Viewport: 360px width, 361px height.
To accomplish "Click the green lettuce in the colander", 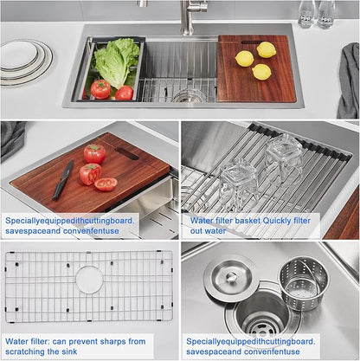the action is click(117, 63).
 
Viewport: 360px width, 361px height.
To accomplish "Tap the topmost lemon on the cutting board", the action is click(267, 49).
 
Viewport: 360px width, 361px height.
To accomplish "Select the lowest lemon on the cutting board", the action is click(261, 72).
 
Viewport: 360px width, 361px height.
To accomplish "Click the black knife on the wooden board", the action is click(63, 180).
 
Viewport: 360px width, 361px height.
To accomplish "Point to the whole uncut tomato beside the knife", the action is click(94, 153).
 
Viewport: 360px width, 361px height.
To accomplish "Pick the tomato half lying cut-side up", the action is click(106, 184).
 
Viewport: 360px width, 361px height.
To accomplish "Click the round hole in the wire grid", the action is click(89, 280).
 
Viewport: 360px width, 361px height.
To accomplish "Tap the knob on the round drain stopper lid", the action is click(231, 276).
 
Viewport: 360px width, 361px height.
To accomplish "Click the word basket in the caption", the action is click(247, 221).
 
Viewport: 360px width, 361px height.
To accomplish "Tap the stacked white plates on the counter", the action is click(25, 63).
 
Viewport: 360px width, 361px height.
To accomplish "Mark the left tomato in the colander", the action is click(100, 89).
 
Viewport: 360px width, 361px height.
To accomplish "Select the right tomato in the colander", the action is click(125, 93).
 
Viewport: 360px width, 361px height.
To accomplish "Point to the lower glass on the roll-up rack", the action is click(238, 185).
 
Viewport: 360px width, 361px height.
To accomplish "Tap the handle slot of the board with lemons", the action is click(252, 42).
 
